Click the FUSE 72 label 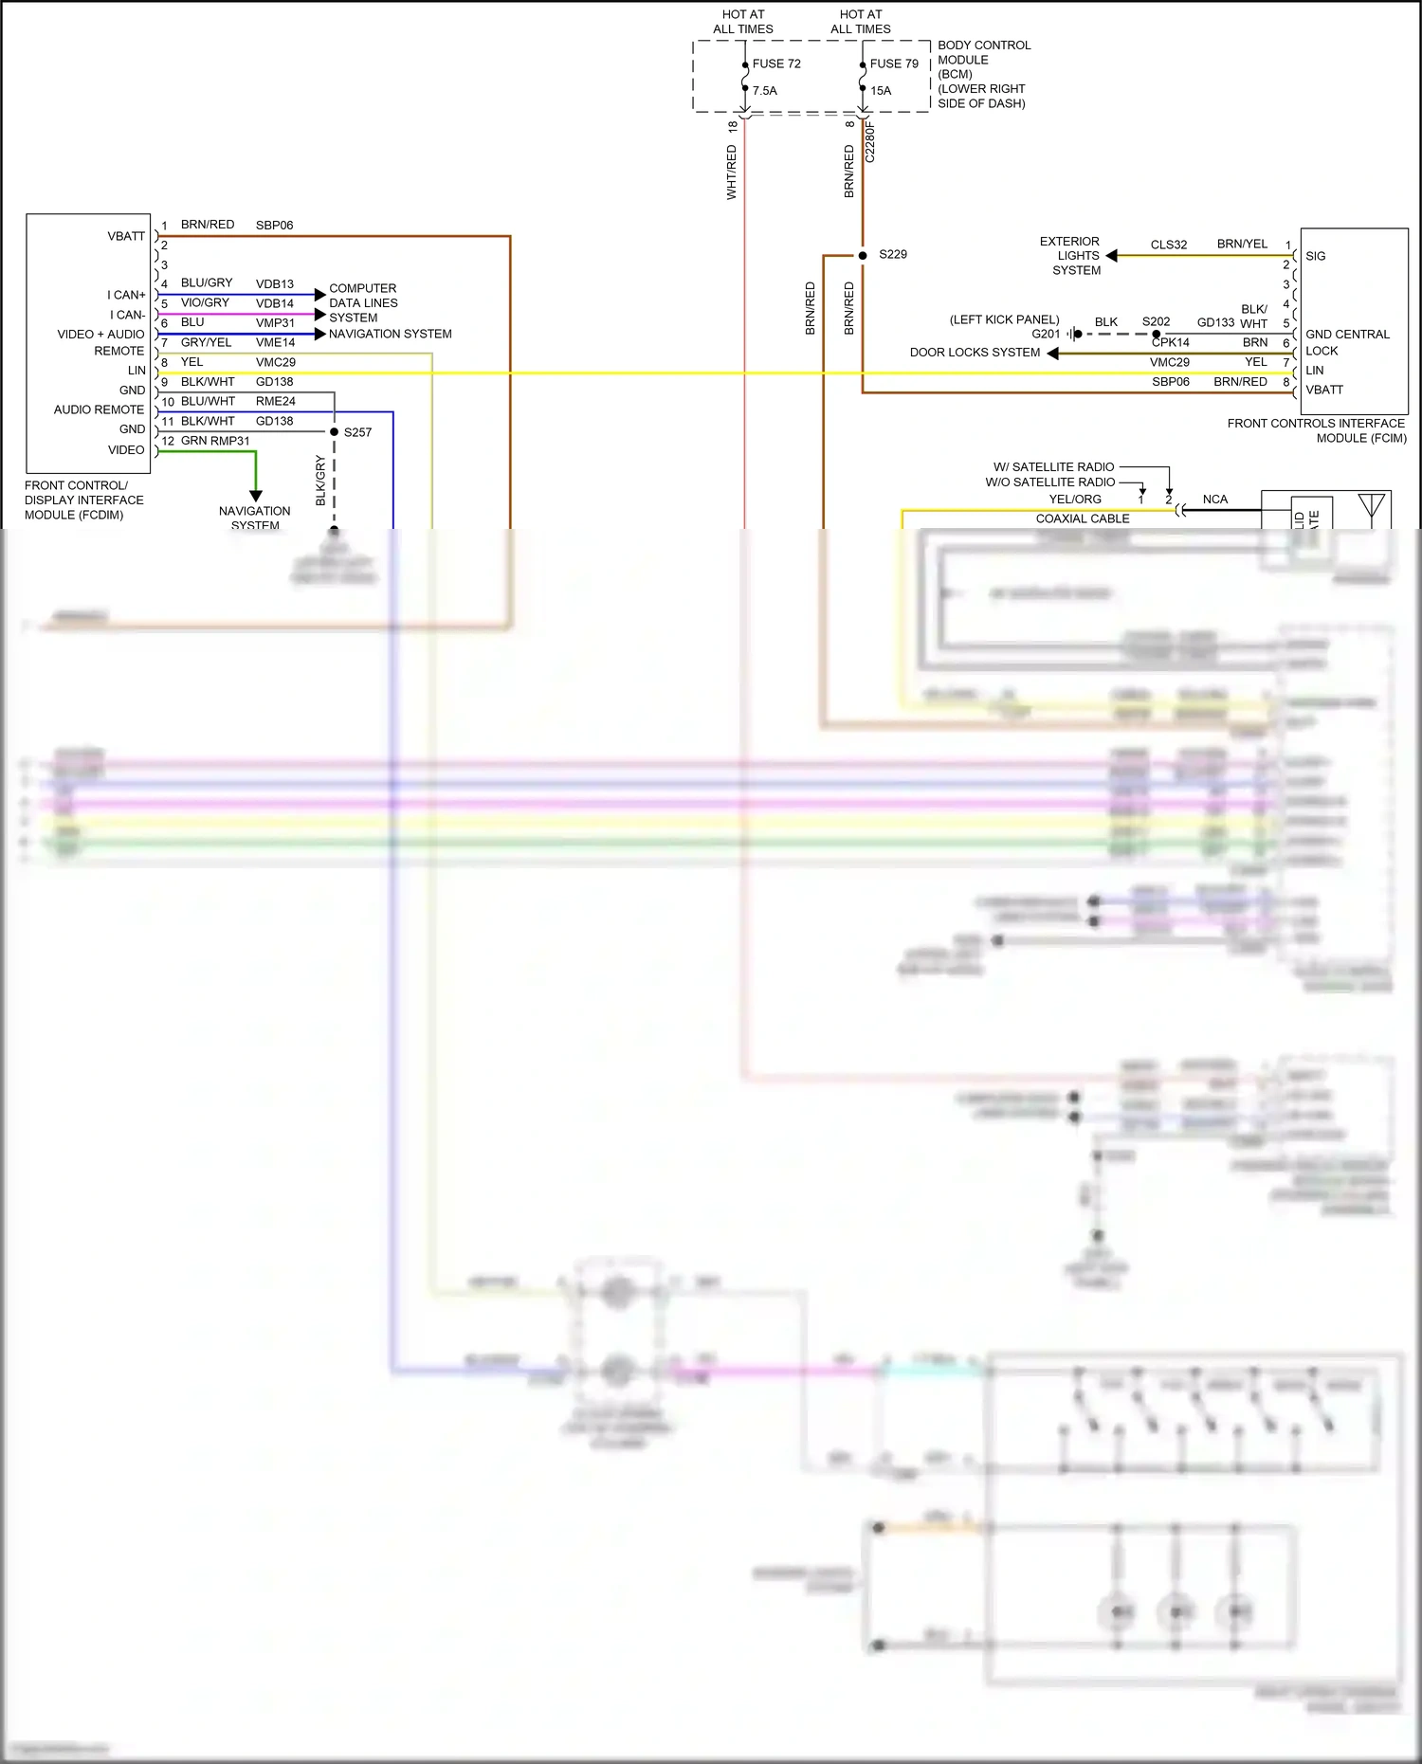click(x=775, y=64)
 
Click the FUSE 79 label click(x=893, y=64)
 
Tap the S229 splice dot click(x=863, y=255)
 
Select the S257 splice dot click(x=334, y=432)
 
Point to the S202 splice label click(x=1156, y=321)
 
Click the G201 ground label click(x=1045, y=334)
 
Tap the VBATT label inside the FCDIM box click(x=126, y=236)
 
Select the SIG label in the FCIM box click(x=1315, y=256)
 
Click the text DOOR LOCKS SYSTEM click(x=975, y=353)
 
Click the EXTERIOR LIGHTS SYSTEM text click(x=1070, y=256)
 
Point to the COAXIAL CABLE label click(x=1082, y=518)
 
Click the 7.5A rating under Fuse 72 click(x=764, y=91)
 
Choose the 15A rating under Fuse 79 click(x=881, y=91)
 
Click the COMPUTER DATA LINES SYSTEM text click(x=363, y=302)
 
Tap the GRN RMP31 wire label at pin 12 click(x=215, y=441)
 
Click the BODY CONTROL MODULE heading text click(x=983, y=52)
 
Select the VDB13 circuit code click(x=274, y=283)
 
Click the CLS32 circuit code click(x=1168, y=245)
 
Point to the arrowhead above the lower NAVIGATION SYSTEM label click(x=255, y=496)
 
